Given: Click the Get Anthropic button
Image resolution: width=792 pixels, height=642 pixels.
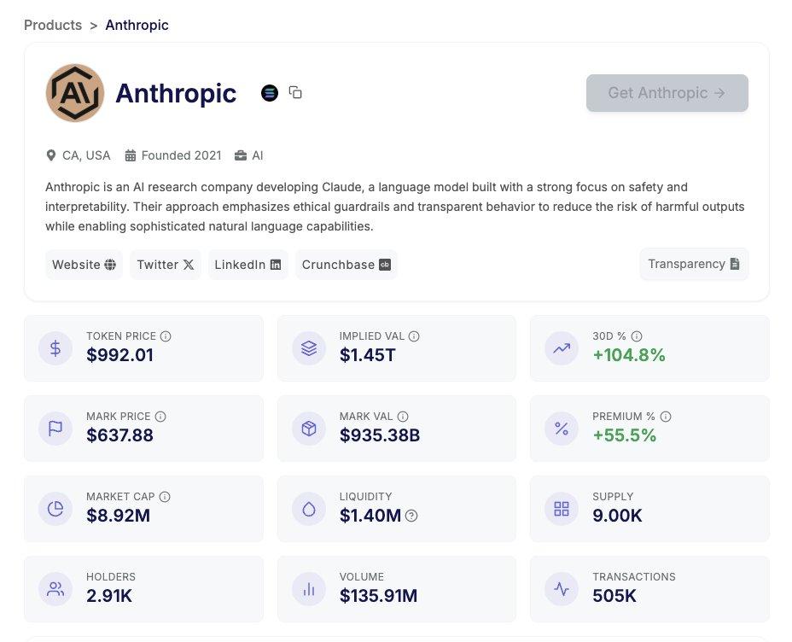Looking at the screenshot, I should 667,93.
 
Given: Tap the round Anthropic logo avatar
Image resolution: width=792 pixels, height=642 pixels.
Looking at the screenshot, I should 75,93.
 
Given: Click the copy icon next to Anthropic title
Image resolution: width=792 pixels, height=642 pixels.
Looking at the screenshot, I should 295,92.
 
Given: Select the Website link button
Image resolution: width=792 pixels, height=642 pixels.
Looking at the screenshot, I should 84,265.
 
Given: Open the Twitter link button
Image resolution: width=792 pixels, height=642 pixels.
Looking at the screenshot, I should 165,265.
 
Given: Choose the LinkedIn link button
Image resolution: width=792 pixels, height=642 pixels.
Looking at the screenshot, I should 247,265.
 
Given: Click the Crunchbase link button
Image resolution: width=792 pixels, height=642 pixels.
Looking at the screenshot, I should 346,265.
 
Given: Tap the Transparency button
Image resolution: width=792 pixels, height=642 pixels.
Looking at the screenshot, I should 693,264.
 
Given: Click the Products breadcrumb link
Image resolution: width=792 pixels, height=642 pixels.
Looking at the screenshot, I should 53,25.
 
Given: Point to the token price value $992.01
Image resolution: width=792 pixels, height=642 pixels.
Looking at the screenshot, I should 119,355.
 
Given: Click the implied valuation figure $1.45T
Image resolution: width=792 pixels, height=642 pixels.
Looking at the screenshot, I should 367,355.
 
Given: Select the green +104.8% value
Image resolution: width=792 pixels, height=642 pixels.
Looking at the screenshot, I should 628,355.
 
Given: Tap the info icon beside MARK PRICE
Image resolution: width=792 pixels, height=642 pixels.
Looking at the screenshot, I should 160,417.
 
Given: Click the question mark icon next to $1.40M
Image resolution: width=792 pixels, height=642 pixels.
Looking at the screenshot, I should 411,516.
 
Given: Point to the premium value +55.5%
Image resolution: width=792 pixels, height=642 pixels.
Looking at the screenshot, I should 624,435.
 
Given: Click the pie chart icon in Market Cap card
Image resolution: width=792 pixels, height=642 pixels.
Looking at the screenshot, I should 55,509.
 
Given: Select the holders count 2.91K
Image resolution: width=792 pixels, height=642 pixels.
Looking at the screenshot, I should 109,596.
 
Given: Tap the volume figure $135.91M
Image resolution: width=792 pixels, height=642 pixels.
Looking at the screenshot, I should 378,596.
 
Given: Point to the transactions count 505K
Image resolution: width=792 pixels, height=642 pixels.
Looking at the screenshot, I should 614,596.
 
